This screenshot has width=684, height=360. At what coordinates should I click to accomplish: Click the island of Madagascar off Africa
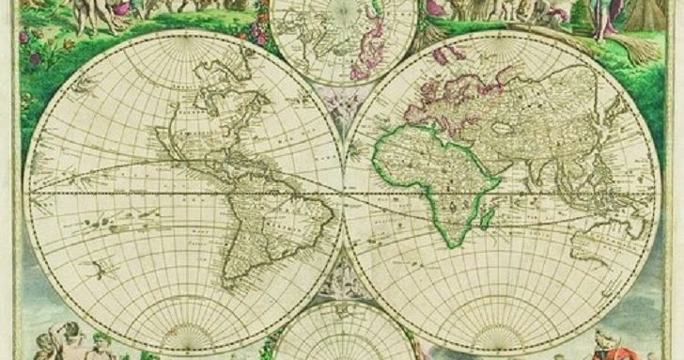(x=487, y=218)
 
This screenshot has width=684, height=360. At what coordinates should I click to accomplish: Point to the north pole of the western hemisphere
(x=184, y=38)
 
